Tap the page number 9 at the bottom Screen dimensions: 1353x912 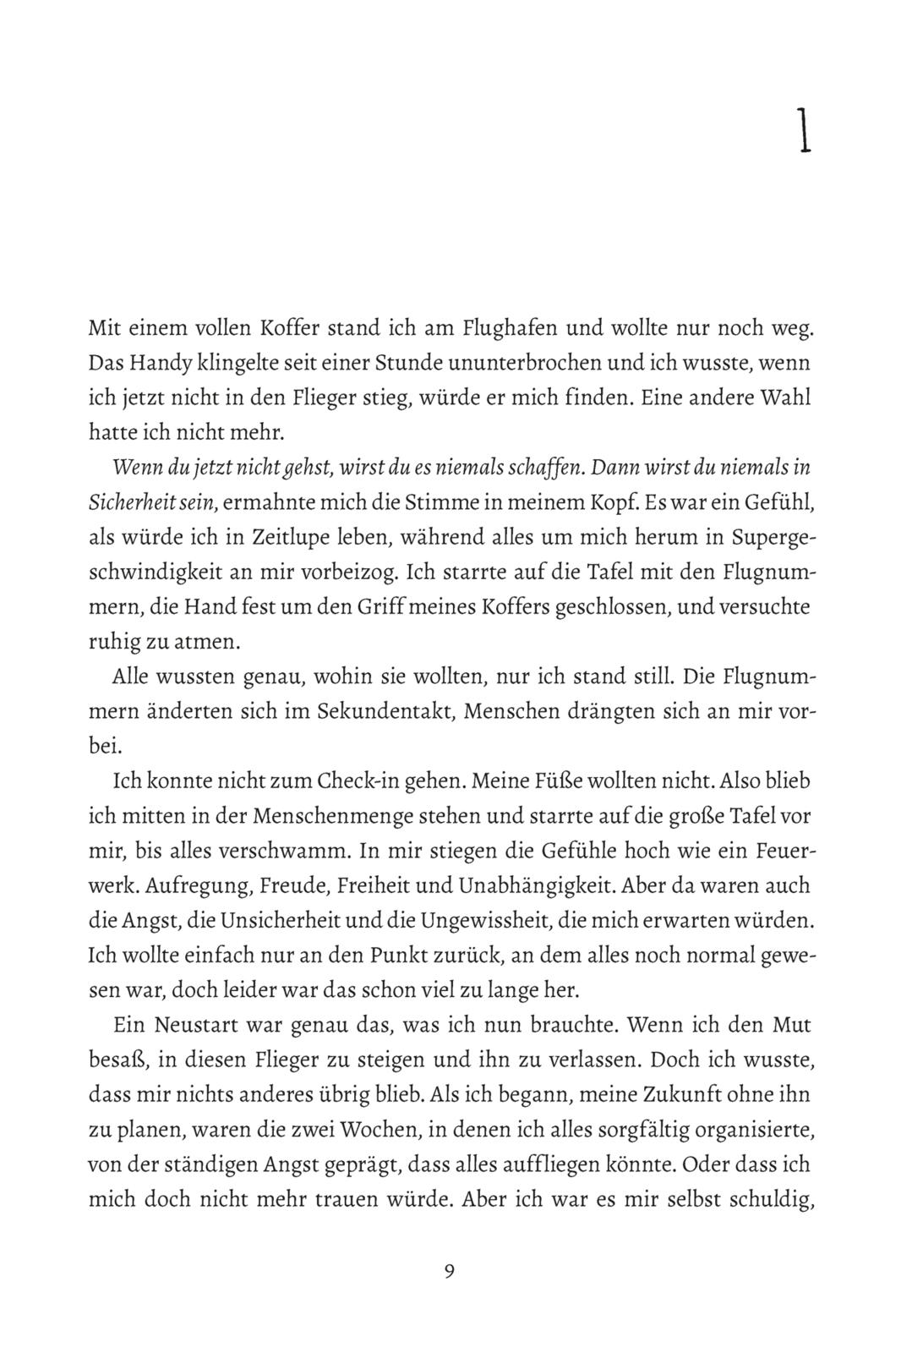pos(449,1271)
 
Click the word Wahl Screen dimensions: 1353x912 pos(785,397)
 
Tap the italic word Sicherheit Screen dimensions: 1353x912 pos(130,502)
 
